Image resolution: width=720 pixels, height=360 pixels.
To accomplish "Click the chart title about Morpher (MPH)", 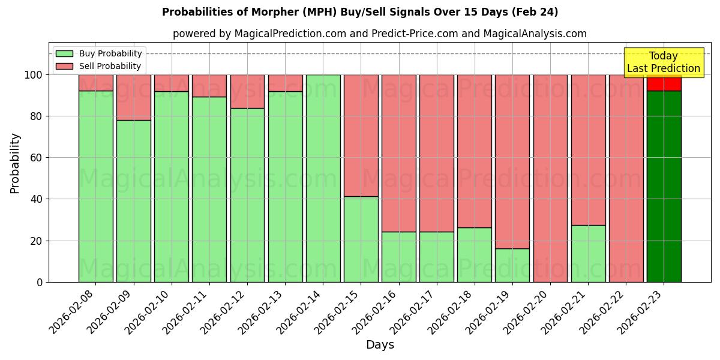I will click(360, 12).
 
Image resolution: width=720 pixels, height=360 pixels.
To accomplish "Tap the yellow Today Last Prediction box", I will click(663, 62).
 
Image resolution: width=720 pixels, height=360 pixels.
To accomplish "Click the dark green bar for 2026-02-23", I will click(664, 186).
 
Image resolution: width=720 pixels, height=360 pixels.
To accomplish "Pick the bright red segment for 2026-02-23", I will click(664, 83).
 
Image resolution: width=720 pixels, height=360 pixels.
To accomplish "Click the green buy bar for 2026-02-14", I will click(323, 178).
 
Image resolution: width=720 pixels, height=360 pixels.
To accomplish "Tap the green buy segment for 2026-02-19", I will click(512, 265).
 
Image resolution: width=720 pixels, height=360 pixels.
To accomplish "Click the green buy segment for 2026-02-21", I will click(588, 253).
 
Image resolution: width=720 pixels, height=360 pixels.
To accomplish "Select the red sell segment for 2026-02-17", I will click(436, 153).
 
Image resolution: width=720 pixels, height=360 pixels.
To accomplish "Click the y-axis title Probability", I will click(15, 163).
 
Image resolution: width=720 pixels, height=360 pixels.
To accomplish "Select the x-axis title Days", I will click(380, 345).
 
